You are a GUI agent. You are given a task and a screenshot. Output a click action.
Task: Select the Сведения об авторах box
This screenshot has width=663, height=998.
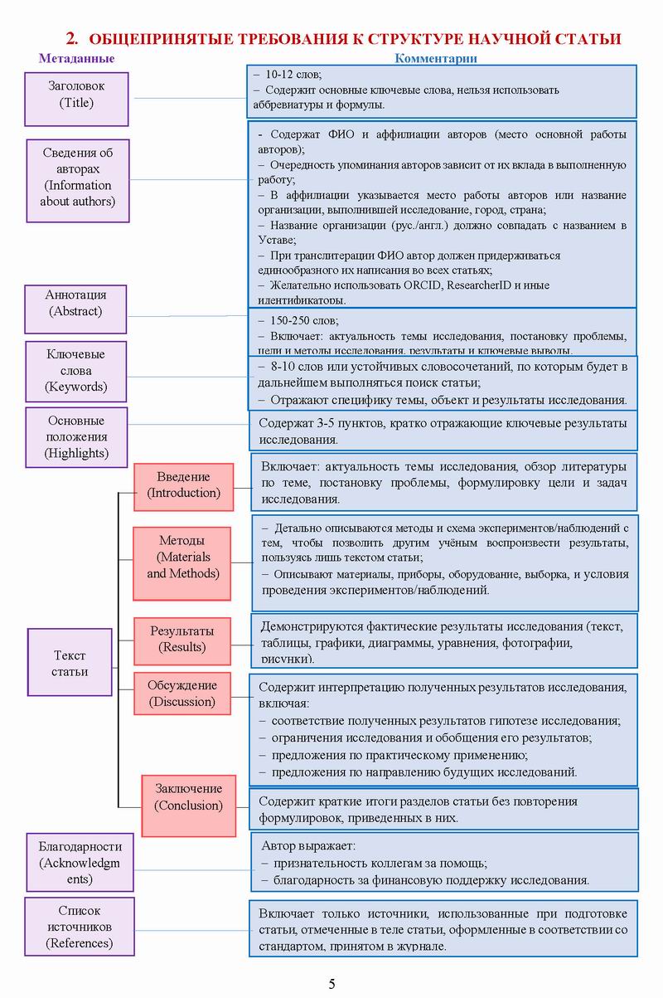click(78, 179)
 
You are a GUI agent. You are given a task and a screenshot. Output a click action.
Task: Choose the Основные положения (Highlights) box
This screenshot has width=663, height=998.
click(77, 437)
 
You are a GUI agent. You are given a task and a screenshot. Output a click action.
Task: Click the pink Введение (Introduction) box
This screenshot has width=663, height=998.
click(184, 486)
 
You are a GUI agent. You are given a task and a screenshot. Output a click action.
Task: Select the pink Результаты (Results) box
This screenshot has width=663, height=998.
click(181, 640)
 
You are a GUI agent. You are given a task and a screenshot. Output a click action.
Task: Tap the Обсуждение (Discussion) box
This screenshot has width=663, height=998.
click(182, 694)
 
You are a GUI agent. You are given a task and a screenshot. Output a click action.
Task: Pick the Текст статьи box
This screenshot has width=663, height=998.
click(70, 662)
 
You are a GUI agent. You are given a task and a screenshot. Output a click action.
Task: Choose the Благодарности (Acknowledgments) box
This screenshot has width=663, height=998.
click(80, 864)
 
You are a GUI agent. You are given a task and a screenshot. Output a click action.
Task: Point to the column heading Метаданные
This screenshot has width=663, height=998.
click(77, 59)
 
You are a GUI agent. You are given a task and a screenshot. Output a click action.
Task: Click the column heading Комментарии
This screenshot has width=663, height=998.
click(436, 59)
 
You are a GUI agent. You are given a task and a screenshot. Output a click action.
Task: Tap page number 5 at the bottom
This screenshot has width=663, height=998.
click(332, 984)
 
